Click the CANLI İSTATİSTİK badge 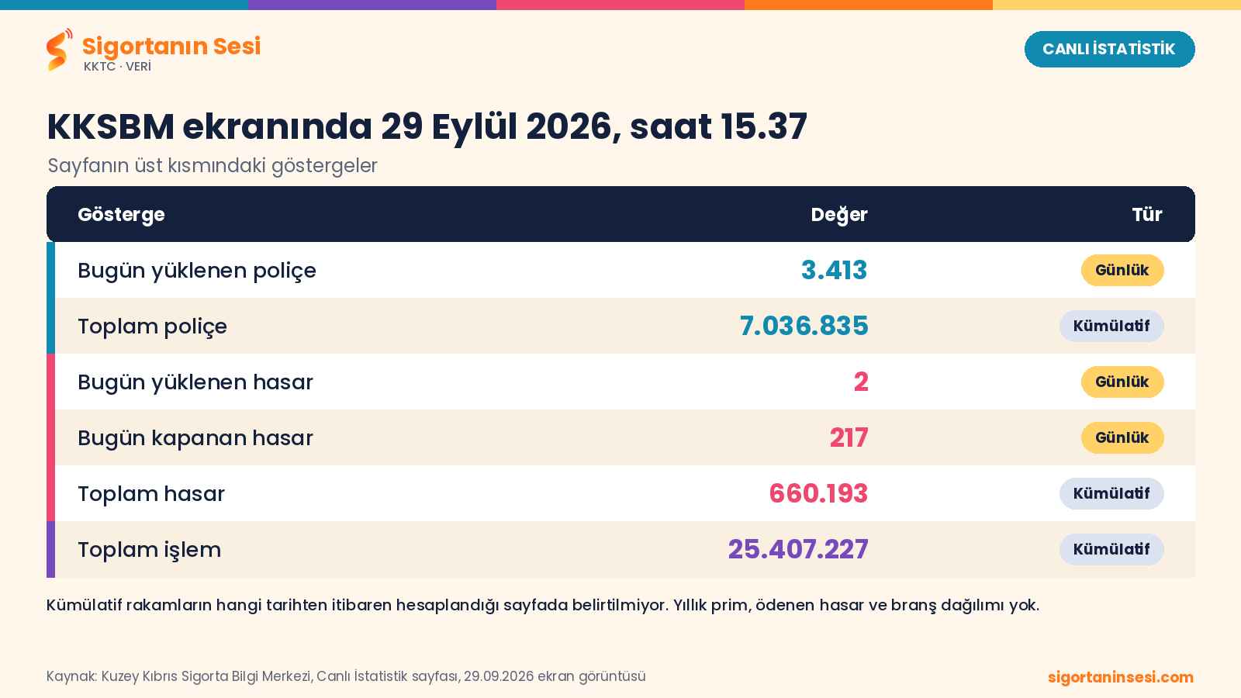(x=1109, y=50)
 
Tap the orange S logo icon (x=59, y=50)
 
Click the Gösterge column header (x=121, y=214)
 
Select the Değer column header (x=838, y=214)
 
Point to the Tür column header (x=1147, y=214)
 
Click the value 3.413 (x=834, y=271)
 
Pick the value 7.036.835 (x=804, y=326)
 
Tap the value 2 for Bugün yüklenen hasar (x=861, y=382)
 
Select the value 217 (x=849, y=437)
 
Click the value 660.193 (x=818, y=493)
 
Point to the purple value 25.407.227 (x=798, y=550)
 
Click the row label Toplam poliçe (x=152, y=327)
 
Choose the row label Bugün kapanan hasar (x=195, y=437)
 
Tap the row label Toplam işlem (x=150, y=550)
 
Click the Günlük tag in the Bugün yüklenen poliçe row (x=1122, y=271)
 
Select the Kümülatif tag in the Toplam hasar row (x=1111, y=493)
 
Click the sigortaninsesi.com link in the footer (x=1121, y=677)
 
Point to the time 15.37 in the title (x=764, y=127)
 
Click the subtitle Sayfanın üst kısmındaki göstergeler (x=213, y=166)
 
